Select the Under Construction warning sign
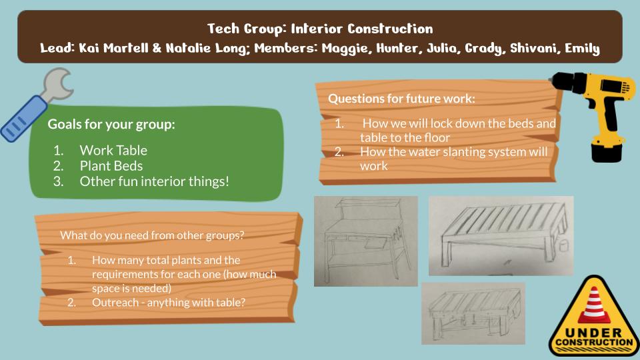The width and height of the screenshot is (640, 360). pyautogui.click(x=594, y=317)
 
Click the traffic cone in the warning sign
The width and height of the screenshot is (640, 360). pyautogui.click(x=594, y=305)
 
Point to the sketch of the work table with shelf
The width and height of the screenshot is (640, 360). pyautogui.click(x=366, y=241)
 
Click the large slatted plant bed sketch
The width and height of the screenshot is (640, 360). pyautogui.click(x=501, y=235)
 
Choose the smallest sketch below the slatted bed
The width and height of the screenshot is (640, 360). pyautogui.click(x=473, y=313)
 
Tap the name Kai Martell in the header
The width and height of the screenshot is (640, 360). pyautogui.click(x=113, y=48)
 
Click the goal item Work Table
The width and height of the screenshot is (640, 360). pyautogui.click(x=113, y=150)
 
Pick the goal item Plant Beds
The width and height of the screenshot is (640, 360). pyautogui.click(x=111, y=166)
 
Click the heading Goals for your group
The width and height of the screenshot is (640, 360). pyautogui.click(x=111, y=124)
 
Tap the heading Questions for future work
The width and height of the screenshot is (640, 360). pyautogui.click(x=401, y=99)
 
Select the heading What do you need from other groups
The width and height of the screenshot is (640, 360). pyautogui.click(x=152, y=235)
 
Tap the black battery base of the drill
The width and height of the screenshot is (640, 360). pyautogui.click(x=607, y=151)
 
